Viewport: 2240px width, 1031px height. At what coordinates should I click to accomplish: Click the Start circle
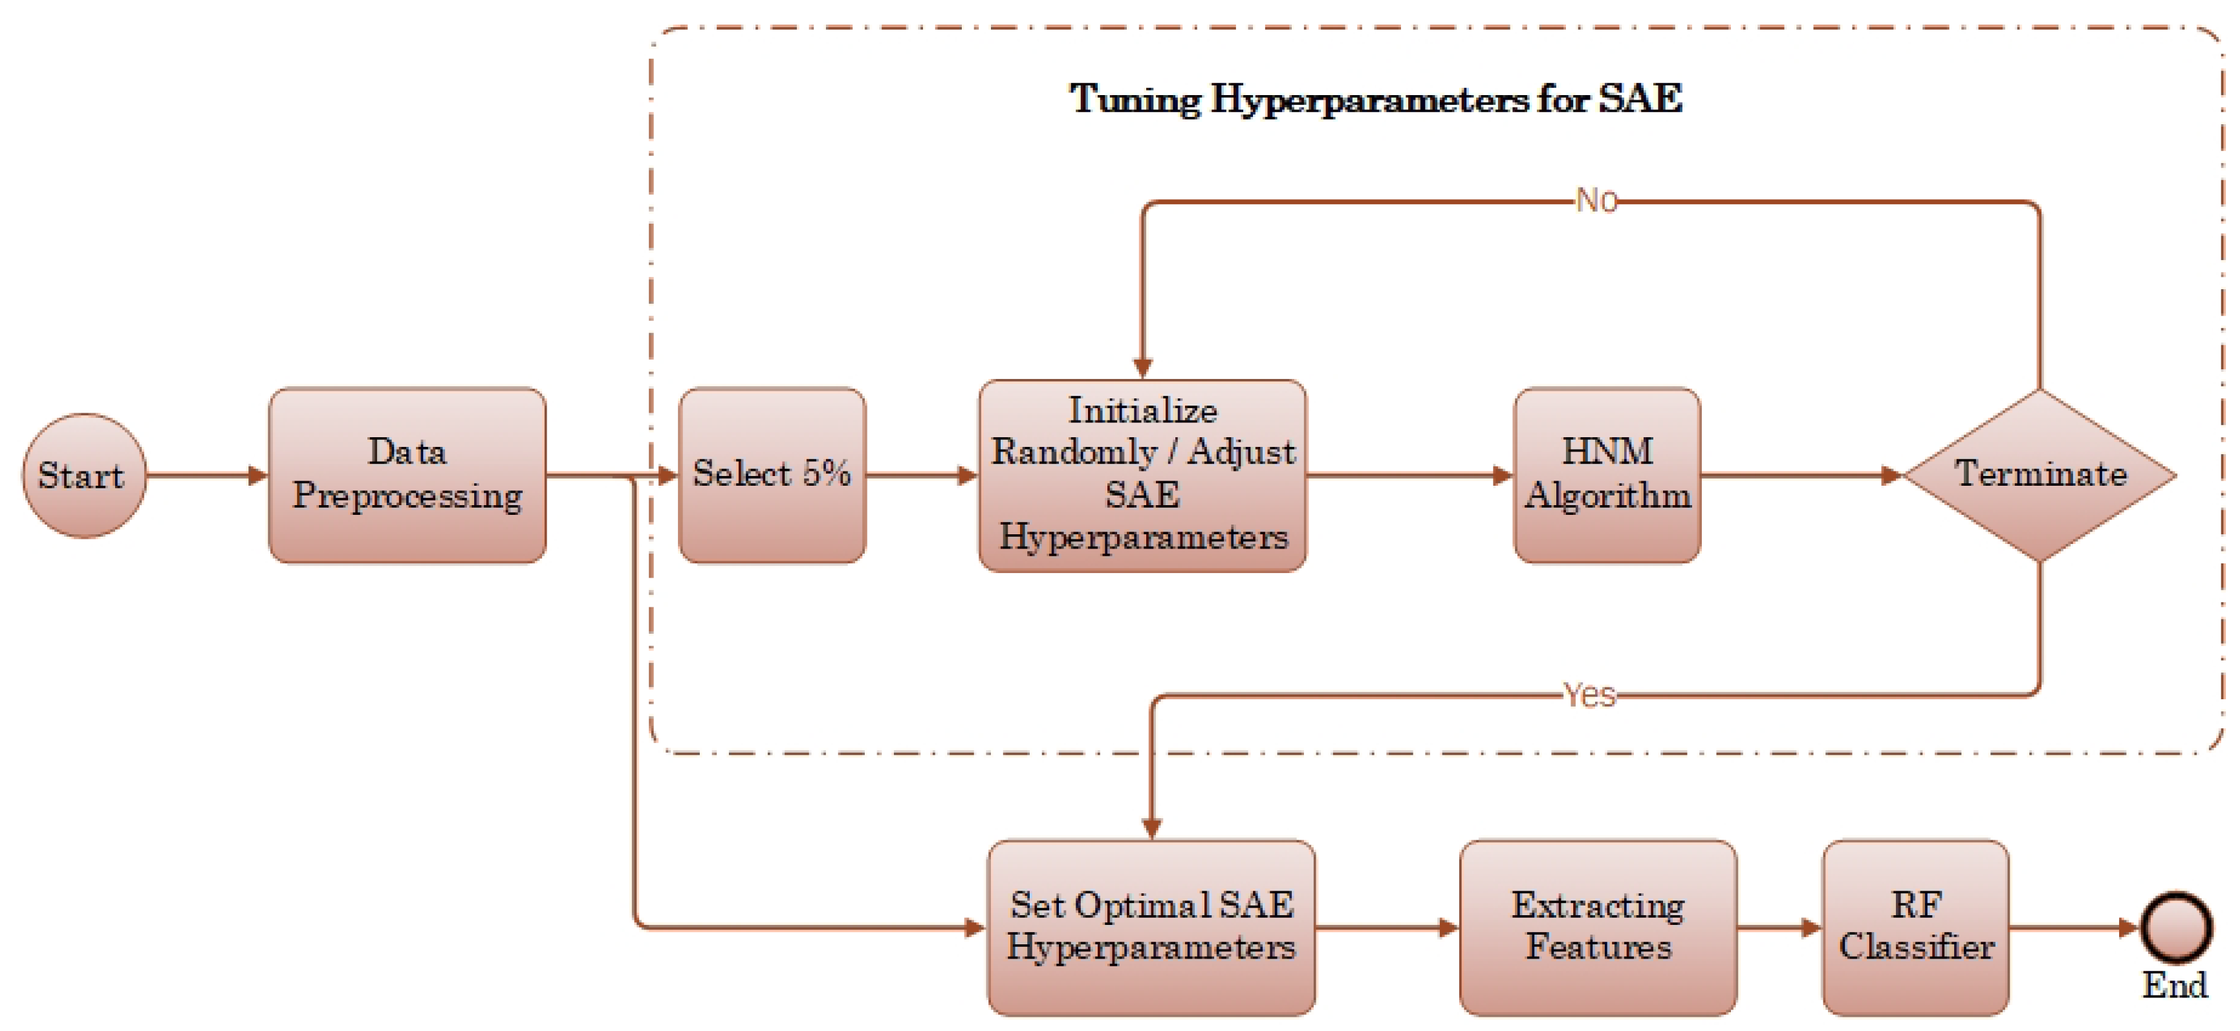(84, 475)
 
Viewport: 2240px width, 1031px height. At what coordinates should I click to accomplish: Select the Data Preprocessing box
(407, 475)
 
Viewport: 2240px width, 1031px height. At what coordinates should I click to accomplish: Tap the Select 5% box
(771, 475)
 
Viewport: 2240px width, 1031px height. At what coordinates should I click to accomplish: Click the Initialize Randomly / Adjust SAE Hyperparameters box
(1142, 475)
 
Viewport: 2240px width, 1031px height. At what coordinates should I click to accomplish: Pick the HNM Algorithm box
(1606, 475)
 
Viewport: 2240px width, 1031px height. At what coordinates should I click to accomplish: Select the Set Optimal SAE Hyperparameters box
(1151, 927)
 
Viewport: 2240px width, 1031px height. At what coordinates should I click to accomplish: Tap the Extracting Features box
(1598, 927)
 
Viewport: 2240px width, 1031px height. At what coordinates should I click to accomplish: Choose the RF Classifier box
(1915, 927)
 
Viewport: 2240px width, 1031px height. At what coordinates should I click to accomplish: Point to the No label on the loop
(1596, 201)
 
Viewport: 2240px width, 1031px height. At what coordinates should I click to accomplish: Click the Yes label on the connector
(1589, 695)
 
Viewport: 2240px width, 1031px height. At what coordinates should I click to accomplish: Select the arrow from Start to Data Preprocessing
(207, 475)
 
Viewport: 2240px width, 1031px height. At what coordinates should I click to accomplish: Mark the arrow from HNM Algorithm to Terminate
(1800, 475)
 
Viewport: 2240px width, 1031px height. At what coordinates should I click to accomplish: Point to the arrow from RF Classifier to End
(2074, 928)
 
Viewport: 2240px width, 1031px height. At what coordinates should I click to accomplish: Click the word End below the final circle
(2174, 985)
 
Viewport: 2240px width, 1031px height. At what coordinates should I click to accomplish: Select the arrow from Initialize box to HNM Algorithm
(1409, 475)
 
